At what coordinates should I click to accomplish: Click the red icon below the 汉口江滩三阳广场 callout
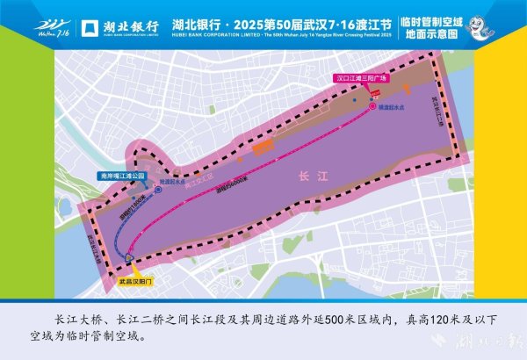coord(372,91)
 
